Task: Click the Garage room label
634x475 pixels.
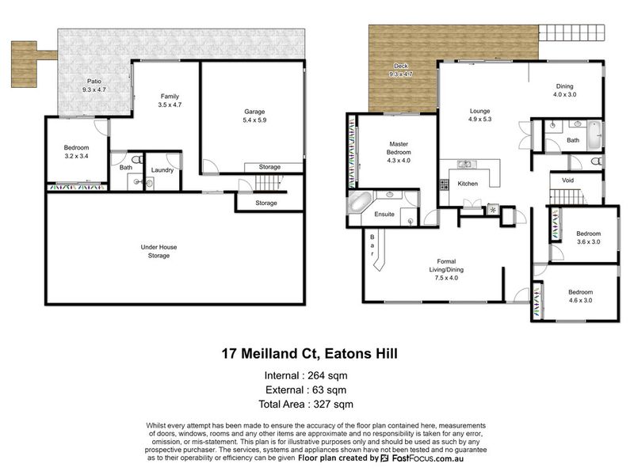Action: (254, 112)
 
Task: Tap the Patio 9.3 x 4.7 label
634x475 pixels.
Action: (94, 85)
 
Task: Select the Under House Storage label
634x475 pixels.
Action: (158, 251)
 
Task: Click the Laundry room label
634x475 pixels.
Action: (162, 170)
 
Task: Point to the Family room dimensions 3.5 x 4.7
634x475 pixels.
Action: (170, 104)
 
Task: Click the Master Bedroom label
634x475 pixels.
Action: (399, 148)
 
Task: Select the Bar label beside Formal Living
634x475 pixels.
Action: (372, 245)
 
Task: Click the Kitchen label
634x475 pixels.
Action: (468, 184)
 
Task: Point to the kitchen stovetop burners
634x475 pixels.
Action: (444, 184)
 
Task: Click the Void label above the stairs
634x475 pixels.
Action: (567, 180)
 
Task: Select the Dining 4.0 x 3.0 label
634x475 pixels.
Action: (564, 90)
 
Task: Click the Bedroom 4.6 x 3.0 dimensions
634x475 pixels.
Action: (580, 301)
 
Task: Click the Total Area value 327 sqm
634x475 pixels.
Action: (333, 405)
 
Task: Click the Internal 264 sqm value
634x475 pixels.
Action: (327, 375)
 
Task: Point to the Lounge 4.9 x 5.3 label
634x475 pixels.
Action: (480, 115)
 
